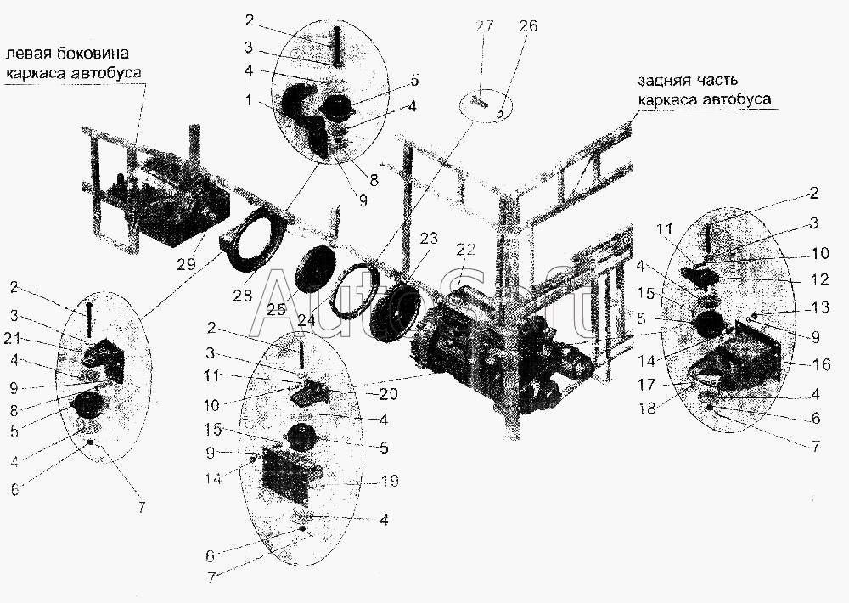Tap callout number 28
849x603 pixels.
tap(243, 295)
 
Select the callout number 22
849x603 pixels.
tap(465, 250)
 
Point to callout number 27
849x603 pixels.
tap(484, 25)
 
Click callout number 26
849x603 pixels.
tap(527, 25)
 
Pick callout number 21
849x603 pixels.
tap(11, 338)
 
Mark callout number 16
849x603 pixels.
tap(821, 364)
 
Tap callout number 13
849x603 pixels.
tap(820, 307)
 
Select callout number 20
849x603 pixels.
tap(388, 394)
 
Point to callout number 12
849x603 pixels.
tap(820, 279)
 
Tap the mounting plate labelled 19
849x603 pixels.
tap(286, 473)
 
